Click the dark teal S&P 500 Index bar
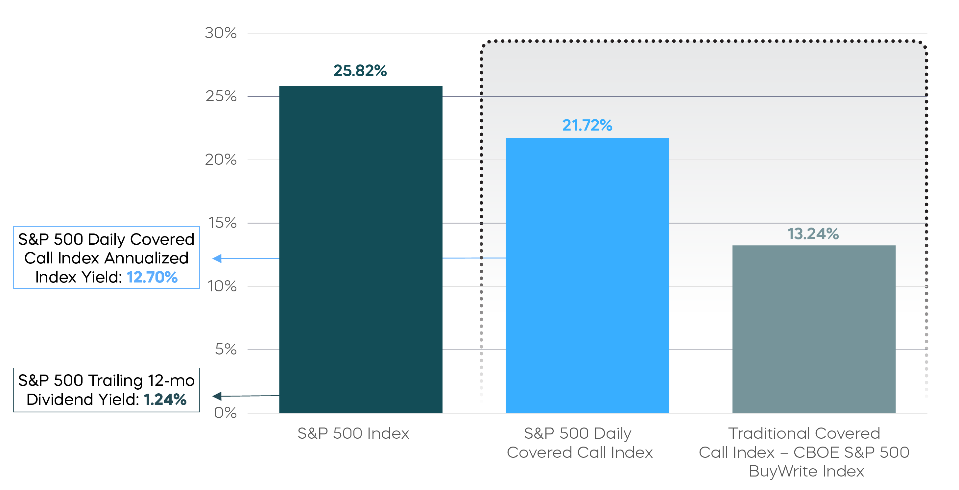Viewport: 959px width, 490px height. pyautogui.click(x=361, y=250)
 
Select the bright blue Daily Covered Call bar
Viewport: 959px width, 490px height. pyautogui.click(x=587, y=276)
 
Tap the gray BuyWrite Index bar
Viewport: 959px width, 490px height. pyautogui.click(x=814, y=329)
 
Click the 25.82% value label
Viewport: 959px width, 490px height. pyautogui.click(x=360, y=70)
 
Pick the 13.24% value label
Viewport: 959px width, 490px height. pyautogui.click(x=813, y=234)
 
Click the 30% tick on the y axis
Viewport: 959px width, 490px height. pyautogui.click(x=221, y=33)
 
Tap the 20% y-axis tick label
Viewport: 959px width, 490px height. pyautogui.click(x=221, y=159)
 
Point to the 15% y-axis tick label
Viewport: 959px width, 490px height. pyautogui.click(x=222, y=223)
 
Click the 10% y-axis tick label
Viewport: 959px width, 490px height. pyautogui.click(x=222, y=286)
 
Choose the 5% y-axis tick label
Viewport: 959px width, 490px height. pyautogui.click(x=226, y=349)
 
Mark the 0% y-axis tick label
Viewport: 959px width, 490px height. pyautogui.click(x=225, y=412)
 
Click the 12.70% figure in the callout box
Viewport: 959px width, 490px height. pyautogui.click(x=152, y=277)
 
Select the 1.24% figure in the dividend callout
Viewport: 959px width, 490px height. pyautogui.click(x=165, y=400)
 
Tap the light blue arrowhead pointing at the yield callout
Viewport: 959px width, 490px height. pyautogui.click(x=217, y=258)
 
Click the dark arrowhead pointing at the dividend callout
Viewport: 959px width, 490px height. pyautogui.click(x=217, y=396)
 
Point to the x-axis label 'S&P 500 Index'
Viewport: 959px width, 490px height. pyautogui.click(x=353, y=433)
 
